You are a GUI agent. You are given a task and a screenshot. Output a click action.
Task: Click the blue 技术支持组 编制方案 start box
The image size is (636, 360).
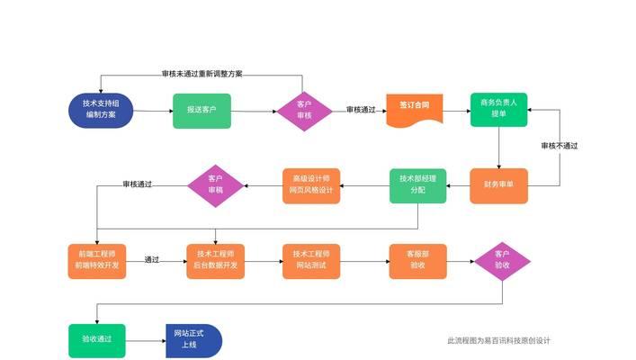tap(101, 110)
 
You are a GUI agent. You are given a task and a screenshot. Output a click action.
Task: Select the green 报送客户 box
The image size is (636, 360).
tap(202, 110)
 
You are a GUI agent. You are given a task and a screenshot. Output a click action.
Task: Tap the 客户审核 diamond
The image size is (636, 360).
tap(304, 110)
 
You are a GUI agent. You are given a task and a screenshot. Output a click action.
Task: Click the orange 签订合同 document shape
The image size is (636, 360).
tap(415, 109)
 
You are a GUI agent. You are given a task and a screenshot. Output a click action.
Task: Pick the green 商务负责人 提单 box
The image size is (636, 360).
tap(498, 109)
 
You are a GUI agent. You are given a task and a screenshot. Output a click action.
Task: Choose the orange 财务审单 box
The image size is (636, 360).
tap(498, 185)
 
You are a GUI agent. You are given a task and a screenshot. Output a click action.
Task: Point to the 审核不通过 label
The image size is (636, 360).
tap(559, 146)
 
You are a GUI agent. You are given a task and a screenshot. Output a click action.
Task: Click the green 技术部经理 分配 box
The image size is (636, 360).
tap(417, 185)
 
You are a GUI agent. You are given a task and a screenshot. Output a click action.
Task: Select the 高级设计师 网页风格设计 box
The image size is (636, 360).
tap(311, 185)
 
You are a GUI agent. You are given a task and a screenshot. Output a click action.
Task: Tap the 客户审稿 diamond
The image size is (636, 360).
tap(216, 184)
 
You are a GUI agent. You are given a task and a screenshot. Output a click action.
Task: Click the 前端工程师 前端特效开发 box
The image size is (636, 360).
tap(96, 260)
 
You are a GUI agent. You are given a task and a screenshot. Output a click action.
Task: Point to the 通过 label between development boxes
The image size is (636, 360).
tap(152, 260)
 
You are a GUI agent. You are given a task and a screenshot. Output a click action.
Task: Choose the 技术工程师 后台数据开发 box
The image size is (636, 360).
tap(216, 260)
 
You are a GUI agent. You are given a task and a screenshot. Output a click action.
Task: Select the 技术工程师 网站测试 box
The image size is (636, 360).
tap(311, 260)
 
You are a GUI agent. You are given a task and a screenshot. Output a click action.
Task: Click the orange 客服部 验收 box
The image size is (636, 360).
tap(417, 260)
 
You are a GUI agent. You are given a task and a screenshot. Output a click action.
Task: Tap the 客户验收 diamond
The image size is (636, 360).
tap(502, 260)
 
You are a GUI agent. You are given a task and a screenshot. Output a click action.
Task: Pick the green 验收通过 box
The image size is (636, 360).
tap(96, 339)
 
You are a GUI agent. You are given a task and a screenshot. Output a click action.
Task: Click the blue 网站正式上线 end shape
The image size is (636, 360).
tap(192, 339)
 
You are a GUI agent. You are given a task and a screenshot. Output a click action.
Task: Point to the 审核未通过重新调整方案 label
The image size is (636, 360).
tap(202, 74)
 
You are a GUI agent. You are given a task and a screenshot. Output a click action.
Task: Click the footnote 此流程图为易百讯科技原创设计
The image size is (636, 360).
tap(498, 340)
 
